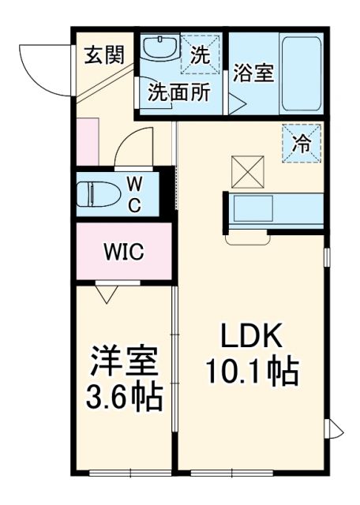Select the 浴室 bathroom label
coord(253,73)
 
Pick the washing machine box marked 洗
coord(201,55)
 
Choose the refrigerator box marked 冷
coord(302,144)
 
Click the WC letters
coord(135,195)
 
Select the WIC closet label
coord(123,252)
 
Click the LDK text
coord(251,338)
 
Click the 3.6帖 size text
coord(124,396)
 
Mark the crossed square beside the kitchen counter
coord(246,170)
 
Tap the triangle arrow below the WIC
coord(108,294)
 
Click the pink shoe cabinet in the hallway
coord(88,142)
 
